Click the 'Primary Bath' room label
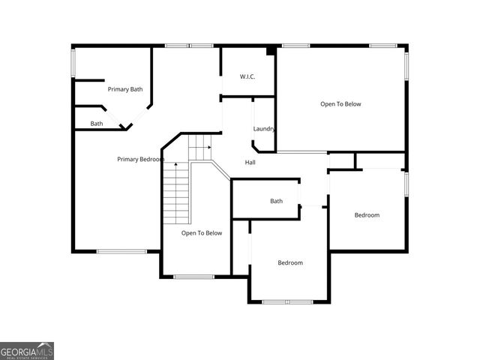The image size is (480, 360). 124,89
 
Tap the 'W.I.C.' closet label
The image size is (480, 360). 248,76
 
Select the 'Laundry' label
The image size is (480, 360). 264,128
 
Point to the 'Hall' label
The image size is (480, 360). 250,162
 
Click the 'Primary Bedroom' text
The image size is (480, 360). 140,159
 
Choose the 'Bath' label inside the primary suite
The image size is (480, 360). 97,124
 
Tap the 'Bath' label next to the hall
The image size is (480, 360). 276,201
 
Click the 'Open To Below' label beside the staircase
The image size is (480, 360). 202,233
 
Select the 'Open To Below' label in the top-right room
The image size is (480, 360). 340,104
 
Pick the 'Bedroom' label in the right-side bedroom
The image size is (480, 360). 367,215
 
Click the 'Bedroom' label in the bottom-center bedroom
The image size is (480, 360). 290,262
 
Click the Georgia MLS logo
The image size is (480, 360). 27,351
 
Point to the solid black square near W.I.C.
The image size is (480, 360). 271,51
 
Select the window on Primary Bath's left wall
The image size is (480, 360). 73,63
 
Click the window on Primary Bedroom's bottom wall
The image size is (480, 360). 121,251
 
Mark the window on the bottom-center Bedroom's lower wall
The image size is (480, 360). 287,301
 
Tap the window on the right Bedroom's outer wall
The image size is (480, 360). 406,184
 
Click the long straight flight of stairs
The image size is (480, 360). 175,196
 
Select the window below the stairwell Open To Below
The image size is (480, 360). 194,277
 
